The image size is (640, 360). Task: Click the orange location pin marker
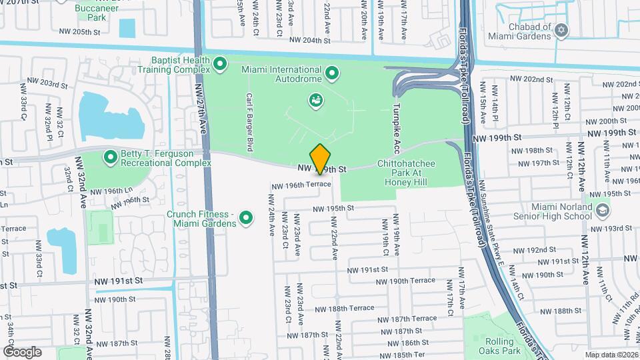tap(321, 159)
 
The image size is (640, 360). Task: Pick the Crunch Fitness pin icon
tap(246, 217)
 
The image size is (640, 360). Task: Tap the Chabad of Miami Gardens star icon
tap(561, 30)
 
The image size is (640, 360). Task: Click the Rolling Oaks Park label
tap(499, 346)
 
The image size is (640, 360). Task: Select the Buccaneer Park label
tap(92, 12)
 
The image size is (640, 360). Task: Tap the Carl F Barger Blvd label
tap(249, 121)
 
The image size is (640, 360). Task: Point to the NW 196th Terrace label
tap(300, 185)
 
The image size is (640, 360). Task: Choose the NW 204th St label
tap(311, 40)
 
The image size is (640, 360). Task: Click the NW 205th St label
tap(79, 31)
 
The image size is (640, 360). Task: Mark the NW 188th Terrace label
tap(345, 309)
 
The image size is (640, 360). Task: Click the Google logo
tap(22, 351)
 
